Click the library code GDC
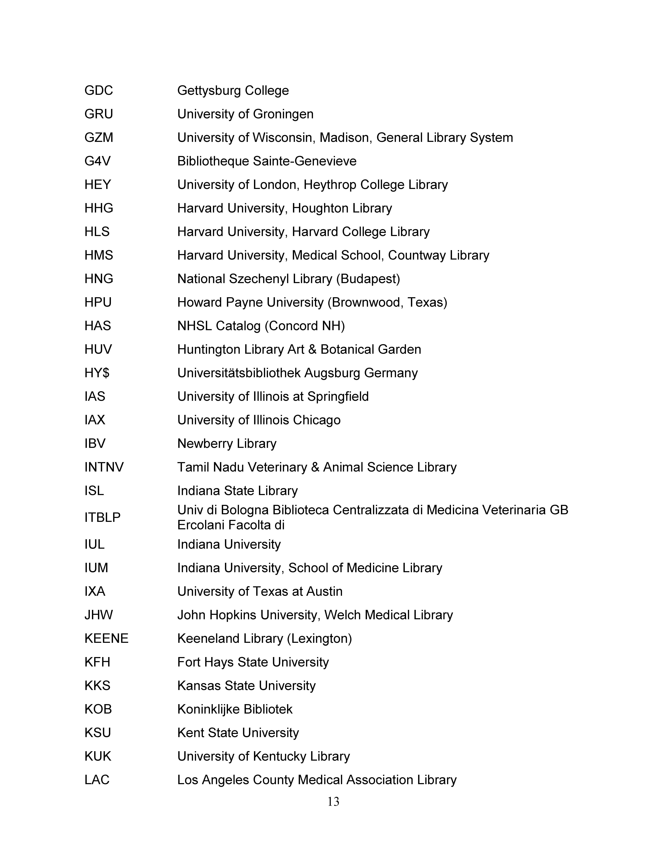click(x=98, y=90)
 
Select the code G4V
click(x=97, y=161)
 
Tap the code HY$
click(x=97, y=373)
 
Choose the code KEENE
click(x=106, y=639)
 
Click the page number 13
click(x=333, y=802)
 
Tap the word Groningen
click(x=283, y=114)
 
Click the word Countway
click(x=416, y=255)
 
